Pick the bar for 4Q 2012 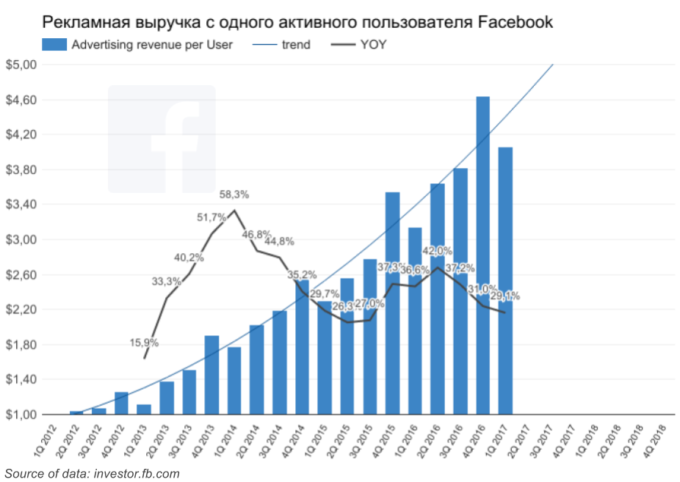(121, 403)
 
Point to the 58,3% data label (234, 195)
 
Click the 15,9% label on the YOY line (144, 343)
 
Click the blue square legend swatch (55, 45)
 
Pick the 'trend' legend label (296, 45)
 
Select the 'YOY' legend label (374, 45)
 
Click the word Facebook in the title (516, 22)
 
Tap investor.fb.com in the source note (137, 473)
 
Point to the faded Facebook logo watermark (162, 139)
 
